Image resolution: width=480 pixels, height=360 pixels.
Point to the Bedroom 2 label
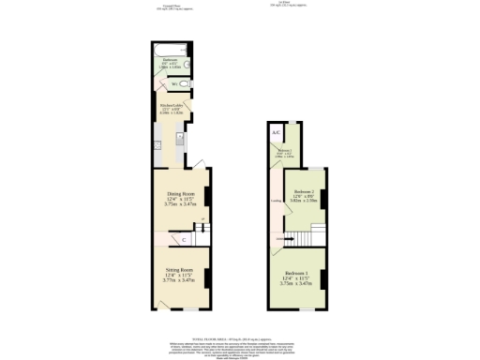[303, 190]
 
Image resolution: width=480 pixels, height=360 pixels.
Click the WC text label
[174, 84]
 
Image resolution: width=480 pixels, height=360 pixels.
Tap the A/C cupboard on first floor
[277, 132]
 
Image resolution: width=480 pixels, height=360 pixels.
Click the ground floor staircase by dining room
[201, 234]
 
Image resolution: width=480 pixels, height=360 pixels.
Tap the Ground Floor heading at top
[169, 7]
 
